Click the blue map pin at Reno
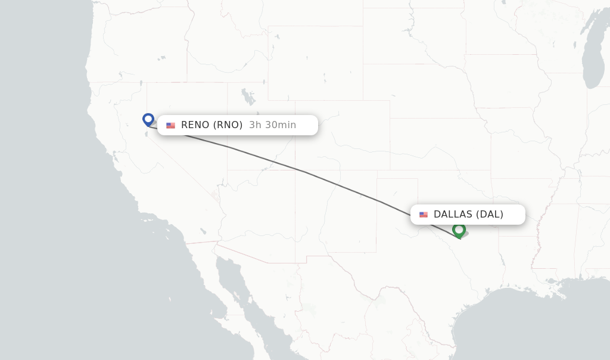pyautogui.click(x=148, y=119)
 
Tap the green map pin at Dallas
pyautogui.click(x=459, y=229)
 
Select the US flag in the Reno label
pyautogui.click(x=171, y=125)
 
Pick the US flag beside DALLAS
pyautogui.click(x=424, y=215)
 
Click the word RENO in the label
pyautogui.click(x=195, y=125)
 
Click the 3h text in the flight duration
pyautogui.click(x=255, y=125)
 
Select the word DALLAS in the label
pyautogui.click(x=453, y=215)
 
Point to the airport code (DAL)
pyautogui.click(x=490, y=215)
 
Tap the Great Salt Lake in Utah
pyautogui.click(x=246, y=95)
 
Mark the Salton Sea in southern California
pyautogui.click(x=203, y=231)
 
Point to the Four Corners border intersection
pyautogui.click(x=295, y=170)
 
